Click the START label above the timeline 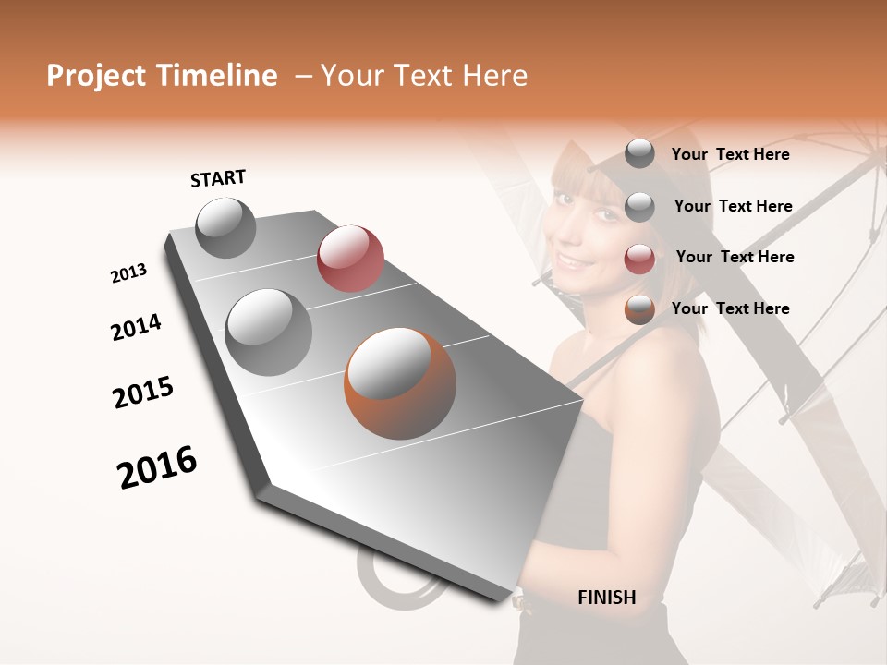[218, 178]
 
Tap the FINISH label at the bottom [606, 598]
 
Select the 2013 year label [128, 273]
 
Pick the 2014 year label [136, 328]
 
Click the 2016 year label [157, 467]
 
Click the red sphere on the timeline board [350, 258]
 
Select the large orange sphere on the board [399, 382]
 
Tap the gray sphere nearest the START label [225, 228]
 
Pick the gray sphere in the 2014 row [268, 332]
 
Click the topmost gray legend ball [639, 153]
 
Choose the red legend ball [639, 259]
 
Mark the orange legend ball [639, 309]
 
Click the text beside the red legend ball [735, 257]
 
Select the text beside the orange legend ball [730, 308]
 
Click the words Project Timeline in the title [162, 76]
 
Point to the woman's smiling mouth [578, 263]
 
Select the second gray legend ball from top [639, 207]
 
